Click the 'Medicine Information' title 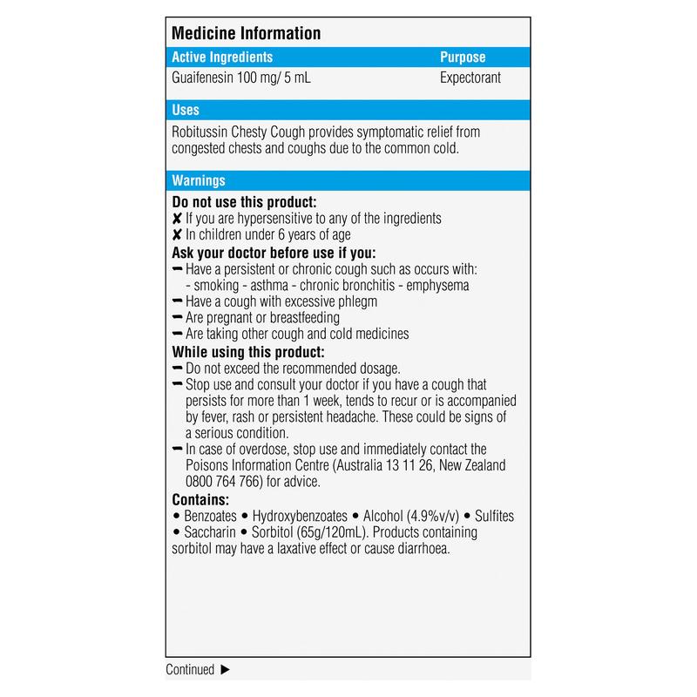click(247, 34)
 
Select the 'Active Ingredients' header click(222, 58)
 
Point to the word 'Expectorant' click(471, 78)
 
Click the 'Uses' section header click(186, 111)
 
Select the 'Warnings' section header click(199, 181)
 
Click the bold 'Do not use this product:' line click(243, 202)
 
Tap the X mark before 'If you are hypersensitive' click(177, 219)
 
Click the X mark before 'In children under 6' click(177, 235)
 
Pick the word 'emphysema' click(438, 285)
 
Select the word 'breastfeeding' click(297, 318)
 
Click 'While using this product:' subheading click(248, 352)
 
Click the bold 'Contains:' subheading click(201, 500)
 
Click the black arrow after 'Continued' click(225, 670)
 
